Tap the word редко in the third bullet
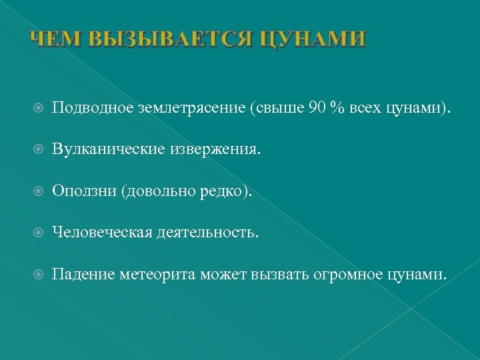pos(223,191)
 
